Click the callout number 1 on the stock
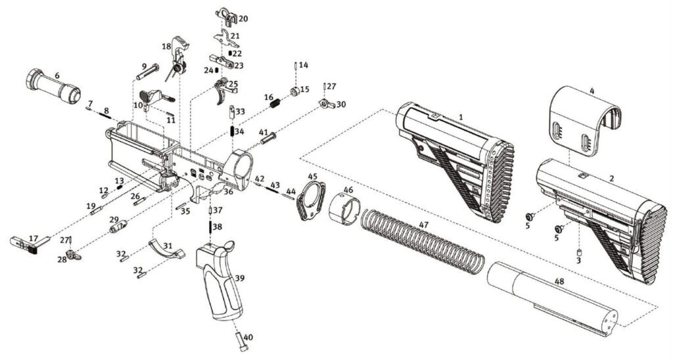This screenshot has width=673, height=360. coord(461,116)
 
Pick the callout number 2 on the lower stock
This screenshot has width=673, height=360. coord(611,178)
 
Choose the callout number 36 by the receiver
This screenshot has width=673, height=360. coord(227,192)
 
